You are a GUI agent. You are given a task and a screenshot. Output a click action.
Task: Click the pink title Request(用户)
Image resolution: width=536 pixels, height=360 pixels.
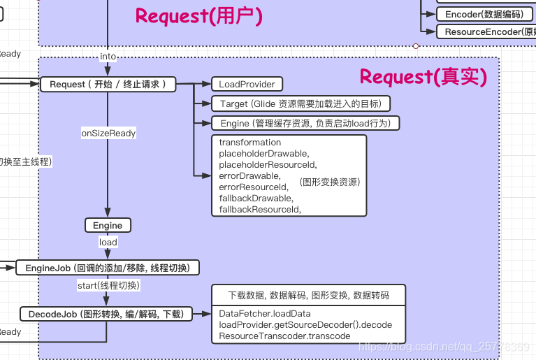point(199,15)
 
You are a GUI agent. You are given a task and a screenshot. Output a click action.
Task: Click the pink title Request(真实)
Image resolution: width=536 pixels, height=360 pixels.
point(423,76)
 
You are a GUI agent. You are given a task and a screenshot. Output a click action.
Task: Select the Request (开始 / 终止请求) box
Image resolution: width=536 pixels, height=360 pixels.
point(107,84)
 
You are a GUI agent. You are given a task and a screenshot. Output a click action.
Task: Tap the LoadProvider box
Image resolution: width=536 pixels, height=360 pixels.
point(247,84)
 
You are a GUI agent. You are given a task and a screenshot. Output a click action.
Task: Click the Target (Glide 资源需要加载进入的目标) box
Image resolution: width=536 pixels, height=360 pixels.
point(300,103)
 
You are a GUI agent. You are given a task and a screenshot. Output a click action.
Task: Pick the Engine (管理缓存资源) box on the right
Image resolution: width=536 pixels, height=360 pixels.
point(305,123)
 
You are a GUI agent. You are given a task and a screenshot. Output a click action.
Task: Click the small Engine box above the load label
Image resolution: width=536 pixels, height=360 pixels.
point(108,225)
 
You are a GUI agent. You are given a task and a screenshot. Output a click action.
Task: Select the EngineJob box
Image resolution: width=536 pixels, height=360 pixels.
point(108,268)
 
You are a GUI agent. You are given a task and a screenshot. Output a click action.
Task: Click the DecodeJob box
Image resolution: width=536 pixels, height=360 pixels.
point(106,315)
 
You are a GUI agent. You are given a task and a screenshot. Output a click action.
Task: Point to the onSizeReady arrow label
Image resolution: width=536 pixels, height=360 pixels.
point(108,133)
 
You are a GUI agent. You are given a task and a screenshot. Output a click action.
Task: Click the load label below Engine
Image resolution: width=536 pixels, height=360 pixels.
point(108,242)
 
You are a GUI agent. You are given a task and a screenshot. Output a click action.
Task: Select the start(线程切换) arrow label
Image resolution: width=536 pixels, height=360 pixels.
point(108,285)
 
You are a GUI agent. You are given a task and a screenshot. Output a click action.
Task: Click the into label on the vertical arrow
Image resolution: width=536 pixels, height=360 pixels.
point(108,56)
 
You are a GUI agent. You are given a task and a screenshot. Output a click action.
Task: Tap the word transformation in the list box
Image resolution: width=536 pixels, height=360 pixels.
point(249,143)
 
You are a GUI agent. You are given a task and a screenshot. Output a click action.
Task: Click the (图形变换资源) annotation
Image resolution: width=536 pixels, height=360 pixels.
point(329,182)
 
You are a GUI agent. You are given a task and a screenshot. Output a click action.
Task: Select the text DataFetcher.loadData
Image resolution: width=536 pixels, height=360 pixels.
point(264,314)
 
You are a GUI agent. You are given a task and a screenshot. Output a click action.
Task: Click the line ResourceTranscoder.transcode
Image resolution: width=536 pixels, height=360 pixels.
point(284,336)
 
